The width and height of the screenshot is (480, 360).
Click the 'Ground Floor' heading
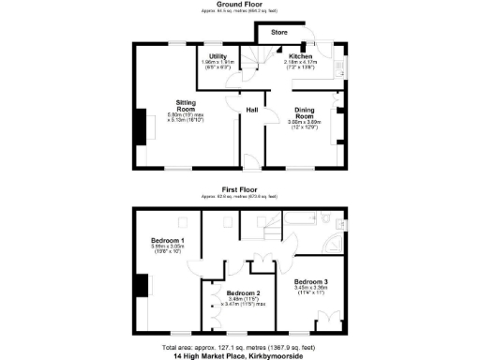point(239,4)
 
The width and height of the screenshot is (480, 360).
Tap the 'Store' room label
point(279,33)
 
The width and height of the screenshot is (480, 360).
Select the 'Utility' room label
point(218,56)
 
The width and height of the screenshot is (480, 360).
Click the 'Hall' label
point(252,111)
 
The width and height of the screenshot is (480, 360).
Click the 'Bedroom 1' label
point(168,241)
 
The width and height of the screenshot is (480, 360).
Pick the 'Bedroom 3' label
point(309,282)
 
